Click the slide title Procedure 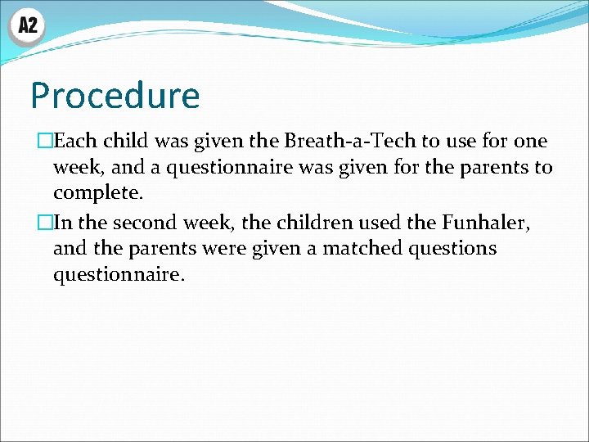click(x=115, y=96)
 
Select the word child click(x=127, y=142)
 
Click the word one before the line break click(x=531, y=142)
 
